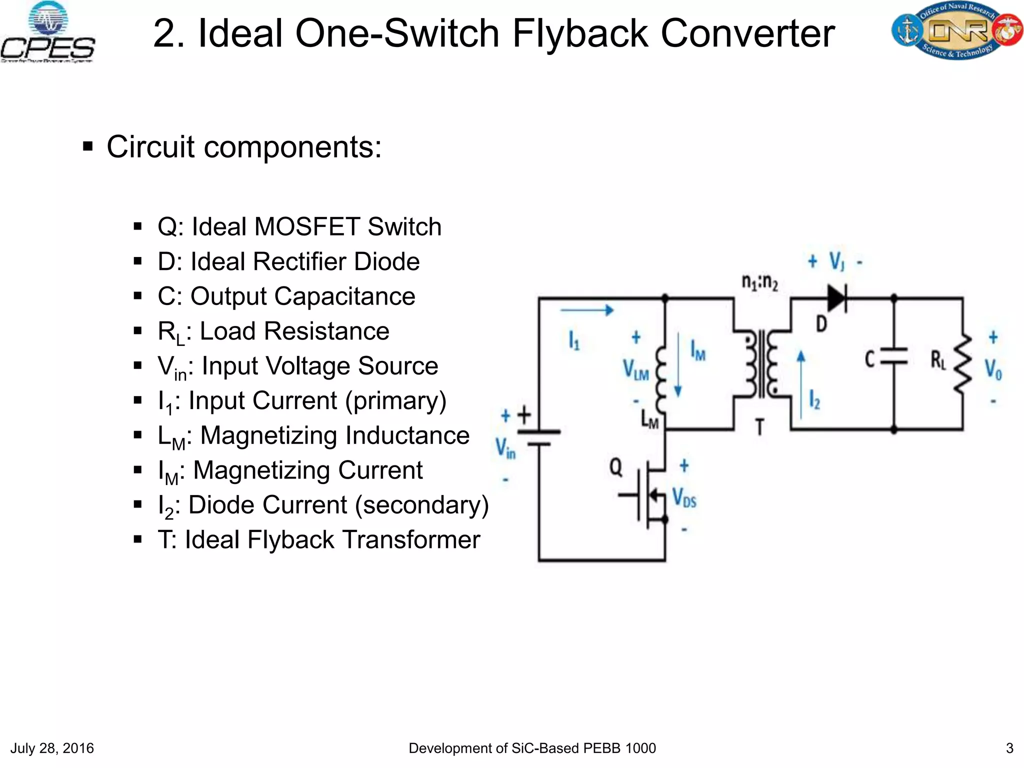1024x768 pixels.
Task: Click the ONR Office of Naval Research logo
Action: pos(956,31)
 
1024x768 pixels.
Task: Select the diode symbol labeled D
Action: pos(836,299)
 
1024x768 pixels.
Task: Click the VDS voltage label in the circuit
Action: pos(684,497)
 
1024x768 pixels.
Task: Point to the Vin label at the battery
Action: pos(505,447)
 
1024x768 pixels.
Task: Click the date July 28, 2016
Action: pos(52,748)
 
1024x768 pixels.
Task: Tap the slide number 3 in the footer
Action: pos(1009,748)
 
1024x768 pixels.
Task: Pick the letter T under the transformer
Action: pos(759,427)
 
